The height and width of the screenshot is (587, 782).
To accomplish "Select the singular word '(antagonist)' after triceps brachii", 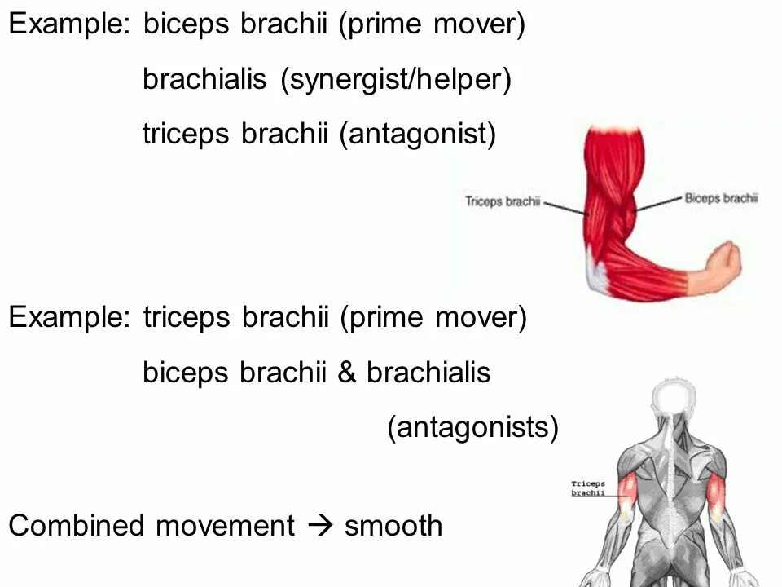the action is click(x=417, y=134).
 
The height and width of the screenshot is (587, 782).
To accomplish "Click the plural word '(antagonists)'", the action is click(x=472, y=427).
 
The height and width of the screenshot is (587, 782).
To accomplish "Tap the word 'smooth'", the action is click(x=393, y=526).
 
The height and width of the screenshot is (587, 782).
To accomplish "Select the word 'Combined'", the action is click(x=77, y=526).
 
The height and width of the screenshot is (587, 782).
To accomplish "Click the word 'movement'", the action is click(x=225, y=526).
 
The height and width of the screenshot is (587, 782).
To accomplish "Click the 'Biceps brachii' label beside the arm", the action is click(x=721, y=197).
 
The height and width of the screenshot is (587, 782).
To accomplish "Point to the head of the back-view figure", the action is click(x=674, y=399).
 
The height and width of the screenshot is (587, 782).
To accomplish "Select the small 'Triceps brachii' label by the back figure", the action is click(x=587, y=488).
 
